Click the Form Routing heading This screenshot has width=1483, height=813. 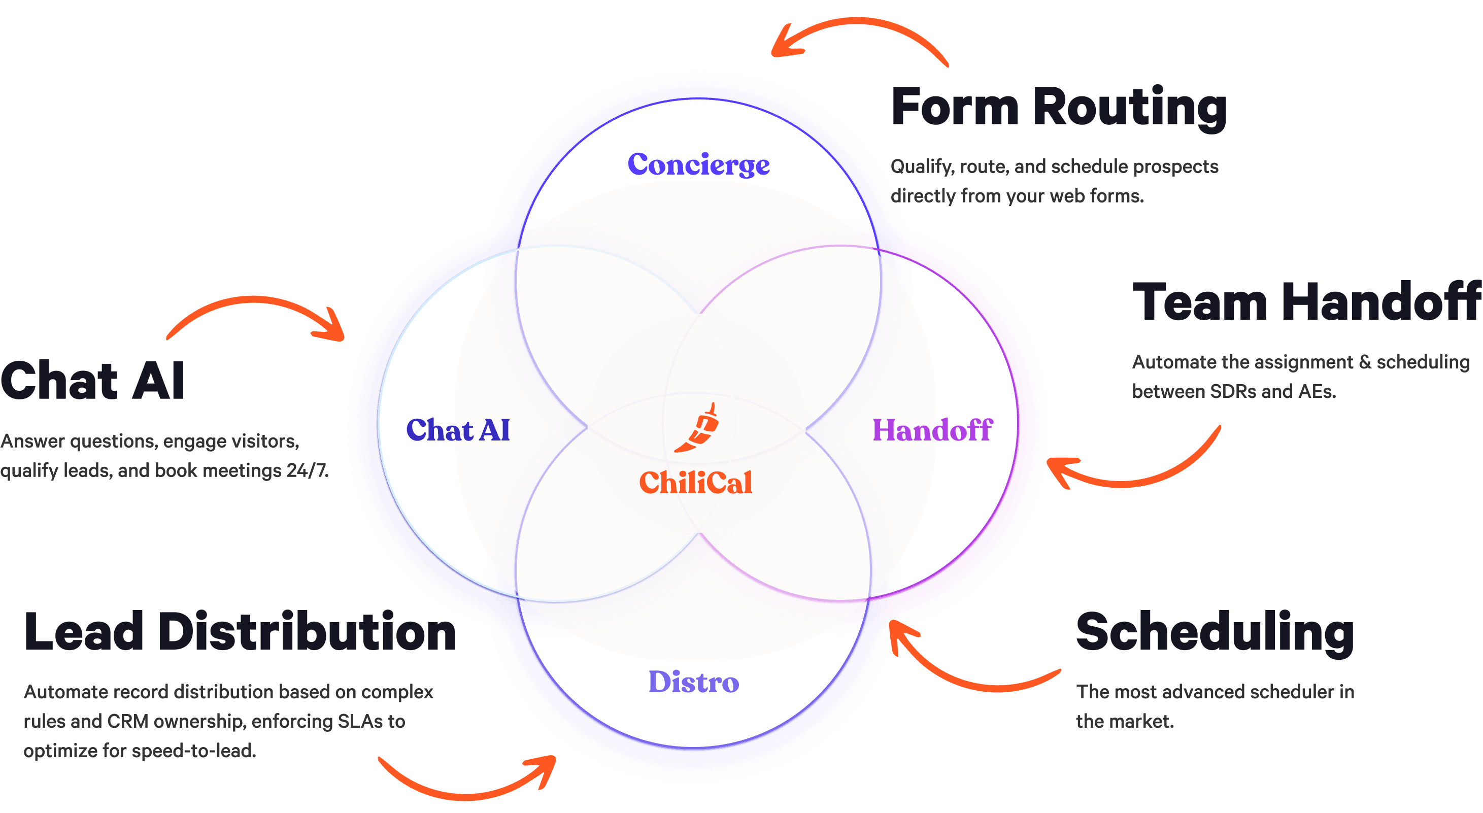coord(1058,108)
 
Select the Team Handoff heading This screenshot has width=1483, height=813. coord(1306,302)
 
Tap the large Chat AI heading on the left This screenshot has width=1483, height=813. coord(92,381)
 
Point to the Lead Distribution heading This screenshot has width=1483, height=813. coord(240,632)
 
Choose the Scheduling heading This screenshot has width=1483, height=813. coord(1215,633)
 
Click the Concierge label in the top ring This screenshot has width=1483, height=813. coord(698,165)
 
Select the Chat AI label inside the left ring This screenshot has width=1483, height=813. coord(458,430)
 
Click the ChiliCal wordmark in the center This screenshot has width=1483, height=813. coord(695,483)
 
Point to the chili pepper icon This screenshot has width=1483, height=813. coord(698,428)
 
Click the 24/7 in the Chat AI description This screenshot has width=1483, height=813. coord(307,470)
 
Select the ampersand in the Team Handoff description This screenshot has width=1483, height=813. coord(1364,362)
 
